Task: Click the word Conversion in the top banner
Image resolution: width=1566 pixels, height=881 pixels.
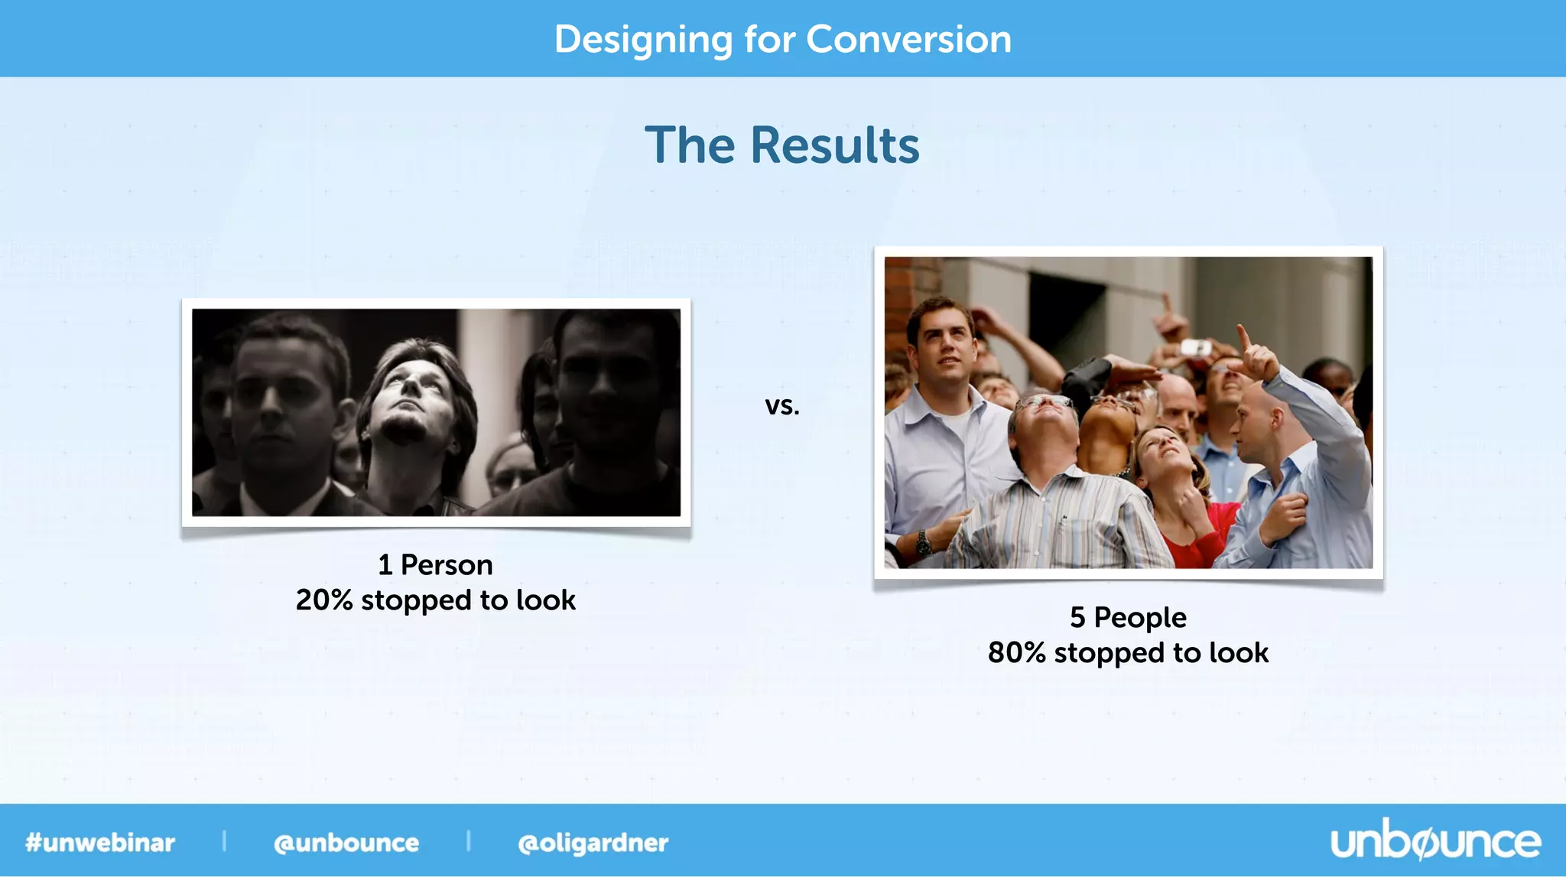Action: coord(908,39)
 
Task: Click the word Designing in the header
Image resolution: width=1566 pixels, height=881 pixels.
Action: coord(642,41)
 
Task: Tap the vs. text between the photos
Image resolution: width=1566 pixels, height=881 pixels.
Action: coord(782,405)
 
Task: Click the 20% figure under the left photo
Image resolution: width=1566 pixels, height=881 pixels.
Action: coord(323,600)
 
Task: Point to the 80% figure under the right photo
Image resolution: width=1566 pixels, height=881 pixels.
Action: coord(1016,653)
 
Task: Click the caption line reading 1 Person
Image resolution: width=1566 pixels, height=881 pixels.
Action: coord(435,565)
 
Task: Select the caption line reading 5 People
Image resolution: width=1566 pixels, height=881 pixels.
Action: coord(1128,617)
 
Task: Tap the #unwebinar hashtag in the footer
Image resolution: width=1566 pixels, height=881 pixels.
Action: coord(100,843)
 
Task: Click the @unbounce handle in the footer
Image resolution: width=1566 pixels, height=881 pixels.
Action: coord(346,843)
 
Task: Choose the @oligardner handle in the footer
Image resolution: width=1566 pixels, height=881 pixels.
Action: coord(593,843)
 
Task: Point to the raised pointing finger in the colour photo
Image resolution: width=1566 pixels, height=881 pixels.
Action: coord(1243,336)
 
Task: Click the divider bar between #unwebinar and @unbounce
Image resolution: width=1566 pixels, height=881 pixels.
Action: coord(224,841)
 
